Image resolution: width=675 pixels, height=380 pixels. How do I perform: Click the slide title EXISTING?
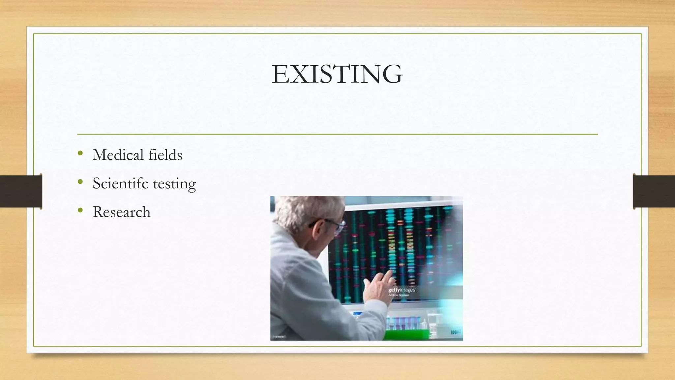337,74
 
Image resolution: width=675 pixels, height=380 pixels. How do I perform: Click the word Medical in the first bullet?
118,155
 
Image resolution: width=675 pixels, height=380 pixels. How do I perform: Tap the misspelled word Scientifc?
120,183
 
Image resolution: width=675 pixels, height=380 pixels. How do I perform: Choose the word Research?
121,212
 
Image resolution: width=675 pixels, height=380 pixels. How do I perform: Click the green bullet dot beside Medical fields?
80,153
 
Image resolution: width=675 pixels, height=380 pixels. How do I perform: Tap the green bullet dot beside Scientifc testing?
80,182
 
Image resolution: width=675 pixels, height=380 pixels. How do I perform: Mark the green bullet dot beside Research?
80,210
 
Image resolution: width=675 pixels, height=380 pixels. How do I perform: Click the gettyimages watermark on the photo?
401,290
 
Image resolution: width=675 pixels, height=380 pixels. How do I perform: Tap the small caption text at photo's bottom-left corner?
279,337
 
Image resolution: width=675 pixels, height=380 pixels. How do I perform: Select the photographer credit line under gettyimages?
398,295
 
